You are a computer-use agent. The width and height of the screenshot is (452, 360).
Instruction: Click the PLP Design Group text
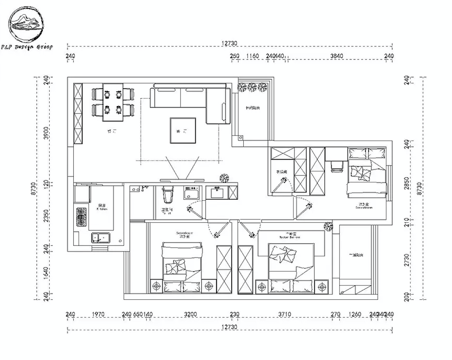[27, 47]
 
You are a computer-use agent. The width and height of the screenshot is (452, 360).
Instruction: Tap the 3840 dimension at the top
[337, 56]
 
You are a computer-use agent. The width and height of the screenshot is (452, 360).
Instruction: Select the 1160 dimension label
[252, 56]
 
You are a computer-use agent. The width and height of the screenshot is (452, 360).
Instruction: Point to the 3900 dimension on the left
[46, 133]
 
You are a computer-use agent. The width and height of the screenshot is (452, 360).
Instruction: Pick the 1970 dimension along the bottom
[98, 314]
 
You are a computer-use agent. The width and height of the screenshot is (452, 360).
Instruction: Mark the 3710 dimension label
[284, 314]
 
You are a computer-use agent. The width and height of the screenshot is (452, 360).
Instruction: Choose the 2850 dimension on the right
[407, 183]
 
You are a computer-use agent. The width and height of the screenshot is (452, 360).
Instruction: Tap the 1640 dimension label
[46, 273]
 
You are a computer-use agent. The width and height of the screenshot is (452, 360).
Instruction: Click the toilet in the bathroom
[168, 195]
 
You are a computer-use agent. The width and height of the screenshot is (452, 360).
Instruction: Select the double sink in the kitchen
[101, 237]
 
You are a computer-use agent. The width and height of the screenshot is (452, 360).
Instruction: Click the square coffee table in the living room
[183, 130]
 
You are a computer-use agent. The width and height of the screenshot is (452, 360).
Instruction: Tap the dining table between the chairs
[113, 102]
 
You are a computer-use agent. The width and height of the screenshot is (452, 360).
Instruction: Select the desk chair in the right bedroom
[337, 166]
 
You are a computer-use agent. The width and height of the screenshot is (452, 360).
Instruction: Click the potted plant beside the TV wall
[224, 178]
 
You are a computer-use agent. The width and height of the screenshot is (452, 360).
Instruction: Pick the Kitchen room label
[102, 207]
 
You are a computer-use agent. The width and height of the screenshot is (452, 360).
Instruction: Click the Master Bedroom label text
[290, 236]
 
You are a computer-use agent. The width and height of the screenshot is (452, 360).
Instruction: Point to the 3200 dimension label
[190, 314]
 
